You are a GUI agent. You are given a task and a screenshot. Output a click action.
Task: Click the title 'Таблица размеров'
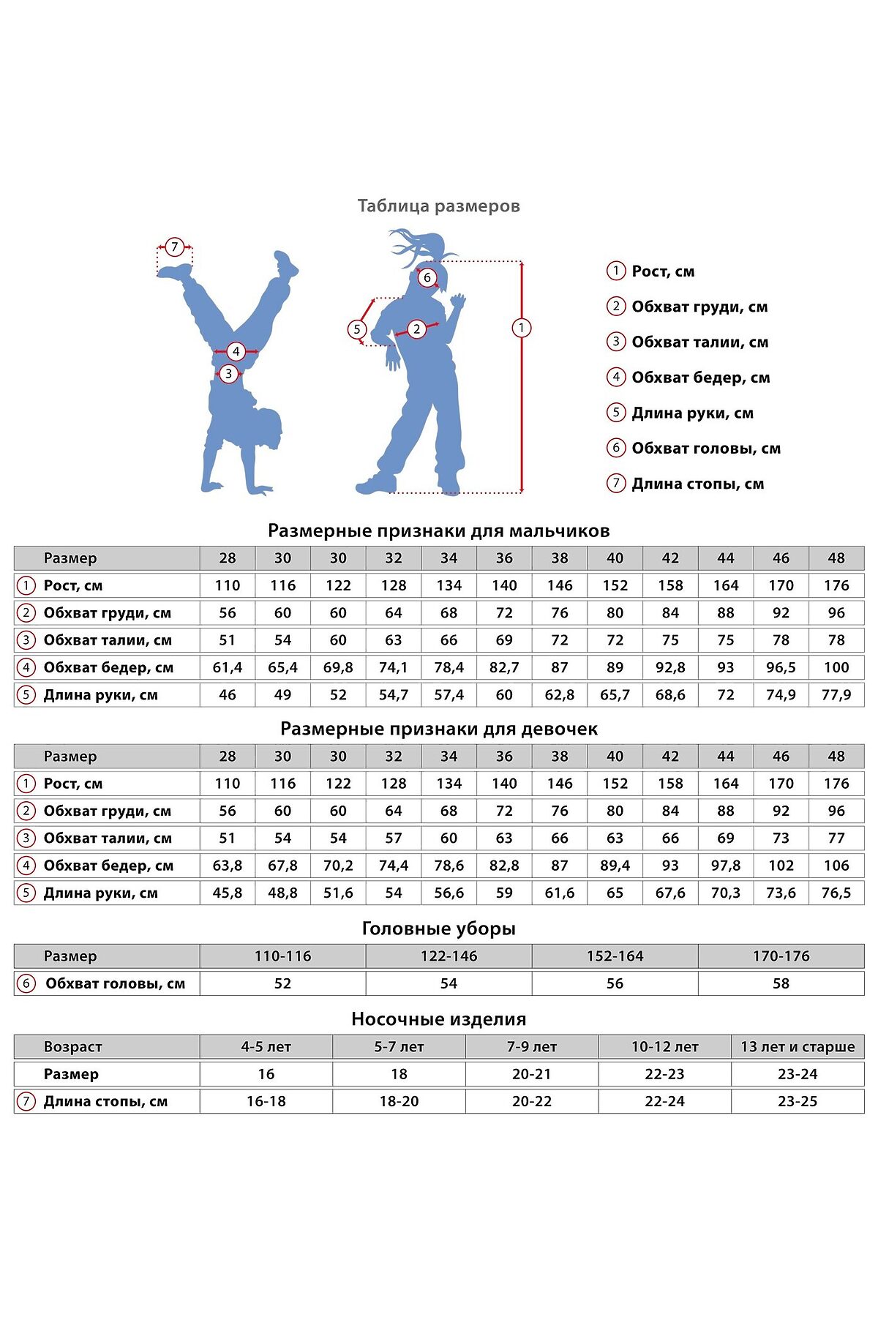pyautogui.click(x=438, y=206)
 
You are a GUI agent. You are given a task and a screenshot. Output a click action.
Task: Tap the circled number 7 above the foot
pyautogui.click(x=174, y=247)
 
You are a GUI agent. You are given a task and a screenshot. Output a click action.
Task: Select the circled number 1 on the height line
pyautogui.click(x=521, y=328)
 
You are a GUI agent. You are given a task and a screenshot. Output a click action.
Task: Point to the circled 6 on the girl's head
pyautogui.click(x=427, y=278)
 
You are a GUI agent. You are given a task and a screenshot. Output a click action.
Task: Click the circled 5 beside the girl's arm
pyautogui.click(x=357, y=329)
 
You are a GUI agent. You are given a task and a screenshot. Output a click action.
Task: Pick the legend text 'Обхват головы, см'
pyautogui.click(x=705, y=449)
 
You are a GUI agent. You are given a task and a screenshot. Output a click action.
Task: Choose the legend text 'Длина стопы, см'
pyautogui.click(x=697, y=484)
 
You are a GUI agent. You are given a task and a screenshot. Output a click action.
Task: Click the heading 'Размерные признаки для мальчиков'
pyautogui.click(x=438, y=530)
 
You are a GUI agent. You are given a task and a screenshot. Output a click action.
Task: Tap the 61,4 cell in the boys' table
pyautogui.click(x=228, y=667)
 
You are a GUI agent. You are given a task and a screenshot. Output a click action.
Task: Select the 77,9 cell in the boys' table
pyautogui.click(x=836, y=695)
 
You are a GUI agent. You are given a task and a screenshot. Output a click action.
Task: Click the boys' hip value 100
pyautogui.click(x=836, y=667)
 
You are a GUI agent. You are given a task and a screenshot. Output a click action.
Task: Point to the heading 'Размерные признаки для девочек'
pyautogui.click(x=438, y=729)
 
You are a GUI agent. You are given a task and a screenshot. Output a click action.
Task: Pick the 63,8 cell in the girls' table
pyautogui.click(x=228, y=866)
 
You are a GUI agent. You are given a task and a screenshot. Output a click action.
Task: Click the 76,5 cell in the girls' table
pyautogui.click(x=836, y=893)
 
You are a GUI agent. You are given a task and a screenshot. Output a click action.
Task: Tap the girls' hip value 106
pyautogui.click(x=836, y=866)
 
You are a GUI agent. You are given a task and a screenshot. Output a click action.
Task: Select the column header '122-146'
pyautogui.click(x=449, y=956)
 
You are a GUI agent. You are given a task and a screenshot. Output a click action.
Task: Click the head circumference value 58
pyautogui.click(x=781, y=984)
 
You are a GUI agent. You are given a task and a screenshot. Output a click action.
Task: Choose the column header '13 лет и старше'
pyautogui.click(x=798, y=1047)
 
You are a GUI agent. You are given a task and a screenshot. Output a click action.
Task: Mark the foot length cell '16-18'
pyautogui.click(x=266, y=1102)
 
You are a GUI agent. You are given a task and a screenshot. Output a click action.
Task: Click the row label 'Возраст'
pyautogui.click(x=72, y=1047)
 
